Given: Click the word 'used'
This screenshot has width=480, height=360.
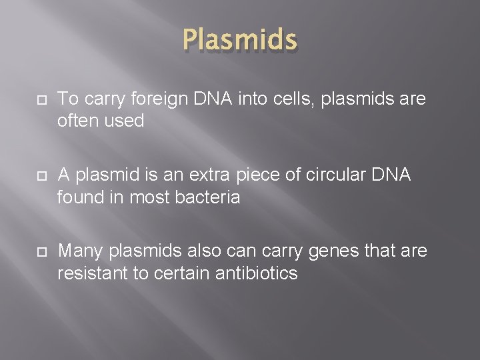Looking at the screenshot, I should [126, 121].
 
